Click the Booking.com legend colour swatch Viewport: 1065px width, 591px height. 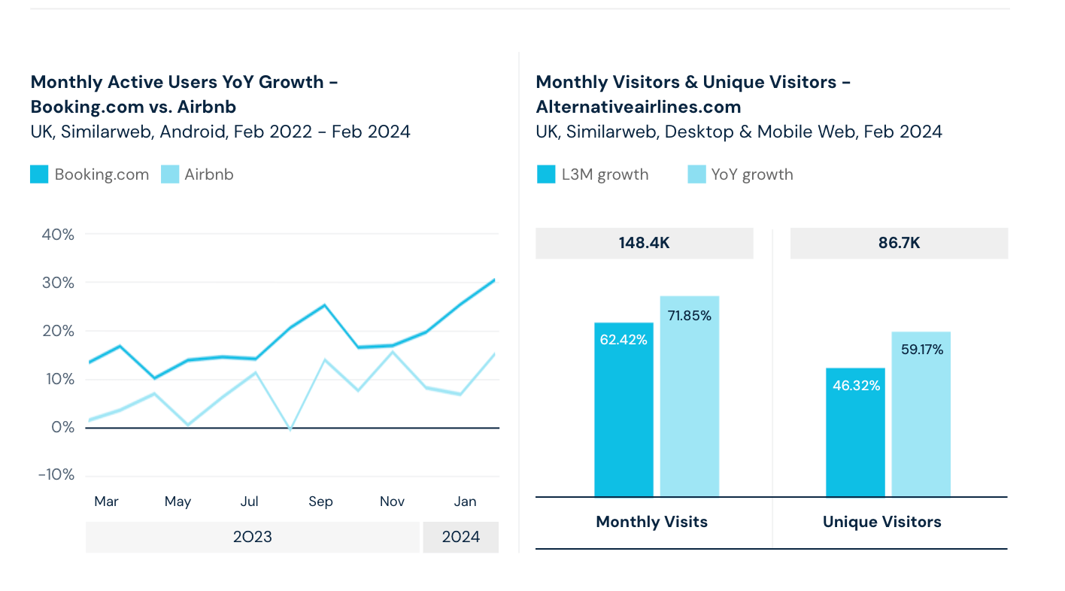(x=39, y=174)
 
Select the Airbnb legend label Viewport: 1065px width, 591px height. (x=208, y=174)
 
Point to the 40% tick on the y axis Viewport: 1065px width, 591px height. (x=58, y=235)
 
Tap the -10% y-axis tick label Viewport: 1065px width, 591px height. (x=56, y=475)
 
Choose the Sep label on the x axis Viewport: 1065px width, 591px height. (x=320, y=502)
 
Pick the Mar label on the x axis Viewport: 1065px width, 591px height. (x=106, y=502)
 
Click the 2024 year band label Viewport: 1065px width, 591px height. (x=460, y=537)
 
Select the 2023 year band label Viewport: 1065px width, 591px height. (x=253, y=537)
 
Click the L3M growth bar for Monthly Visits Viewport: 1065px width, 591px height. (x=624, y=421)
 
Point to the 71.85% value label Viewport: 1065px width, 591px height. (x=689, y=316)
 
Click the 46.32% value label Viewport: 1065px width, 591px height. (x=856, y=386)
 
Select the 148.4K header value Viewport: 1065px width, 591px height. (x=644, y=243)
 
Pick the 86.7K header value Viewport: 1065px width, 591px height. (x=899, y=243)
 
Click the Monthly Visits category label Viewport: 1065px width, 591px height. (x=651, y=522)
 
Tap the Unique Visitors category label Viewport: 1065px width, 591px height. (x=881, y=522)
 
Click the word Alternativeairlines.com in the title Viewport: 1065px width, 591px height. (x=638, y=107)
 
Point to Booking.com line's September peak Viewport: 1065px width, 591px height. (x=324, y=305)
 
